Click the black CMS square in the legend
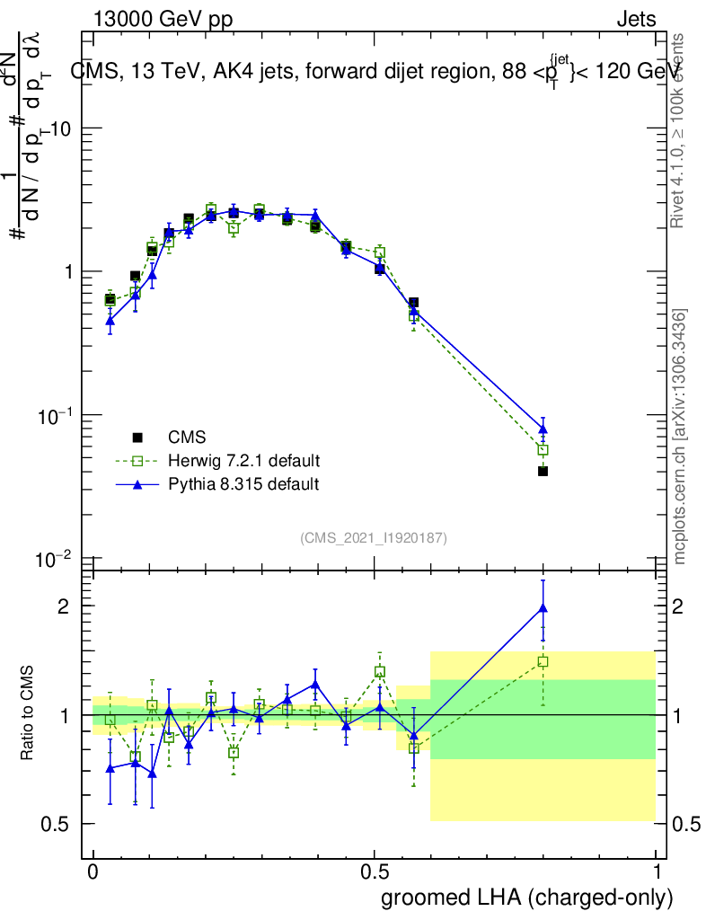pyautogui.click(x=137, y=438)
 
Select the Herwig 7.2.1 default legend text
pyautogui.click(x=243, y=461)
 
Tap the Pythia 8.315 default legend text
pyautogui.click(x=243, y=484)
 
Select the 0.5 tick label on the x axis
pyautogui.click(x=375, y=872)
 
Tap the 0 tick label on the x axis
pyautogui.click(x=93, y=872)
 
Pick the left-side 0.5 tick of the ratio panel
pyautogui.click(x=56, y=824)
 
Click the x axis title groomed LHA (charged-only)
pyautogui.click(x=528, y=898)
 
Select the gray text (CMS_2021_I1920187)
pyautogui.click(x=374, y=537)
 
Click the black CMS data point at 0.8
pyautogui.click(x=543, y=471)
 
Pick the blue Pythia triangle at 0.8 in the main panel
pyautogui.click(x=543, y=429)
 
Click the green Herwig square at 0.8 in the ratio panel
pyautogui.click(x=543, y=662)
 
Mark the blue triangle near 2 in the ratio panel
pyautogui.click(x=543, y=608)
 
